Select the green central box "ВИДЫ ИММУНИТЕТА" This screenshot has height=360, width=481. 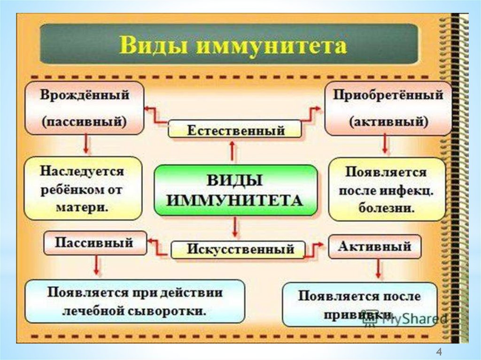click(236, 190)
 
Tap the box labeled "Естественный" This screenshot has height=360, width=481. click(235, 129)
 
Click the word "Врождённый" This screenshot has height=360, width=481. click(85, 95)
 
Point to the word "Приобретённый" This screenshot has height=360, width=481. click(388, 95)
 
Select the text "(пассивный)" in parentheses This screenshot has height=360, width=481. click(85, 121)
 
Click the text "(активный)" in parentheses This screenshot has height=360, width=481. click(388, 121)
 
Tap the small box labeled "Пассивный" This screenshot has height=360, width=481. click(94, 243)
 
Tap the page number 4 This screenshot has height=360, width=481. click(439, 351)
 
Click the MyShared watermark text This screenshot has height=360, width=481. click(413, 319)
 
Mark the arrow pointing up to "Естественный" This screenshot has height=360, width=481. click(233, 151)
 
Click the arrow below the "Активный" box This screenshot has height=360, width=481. click(378, 270)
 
